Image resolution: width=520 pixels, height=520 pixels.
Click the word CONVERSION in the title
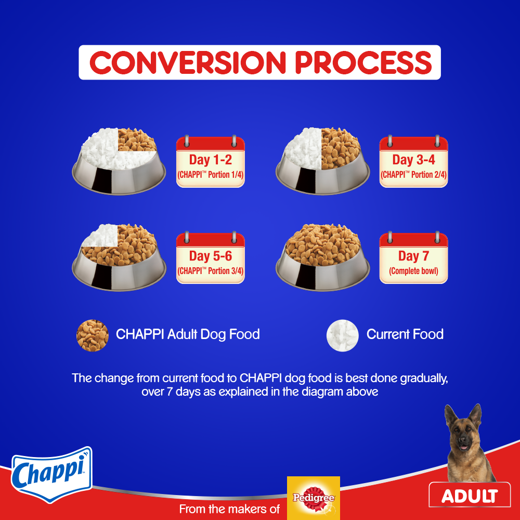pos(188,62)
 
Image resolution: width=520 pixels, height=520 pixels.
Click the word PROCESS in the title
pos(363,62)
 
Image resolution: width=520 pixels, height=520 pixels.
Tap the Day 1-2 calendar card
pos(210,162)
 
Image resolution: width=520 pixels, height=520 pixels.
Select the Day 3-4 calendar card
pos(413,162)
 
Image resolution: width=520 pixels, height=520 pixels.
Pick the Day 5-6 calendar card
pos(210,258)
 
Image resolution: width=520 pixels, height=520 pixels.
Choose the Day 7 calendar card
pos(413,258)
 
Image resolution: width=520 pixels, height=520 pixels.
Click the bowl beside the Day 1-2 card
pos(119,161)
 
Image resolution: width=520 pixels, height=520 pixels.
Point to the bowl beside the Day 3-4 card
pos(322,161)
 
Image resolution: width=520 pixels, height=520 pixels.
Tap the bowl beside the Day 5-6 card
pos(119,257)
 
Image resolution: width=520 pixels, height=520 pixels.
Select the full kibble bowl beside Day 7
pos(322,257)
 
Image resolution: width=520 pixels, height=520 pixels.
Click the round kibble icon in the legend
pos(93,335)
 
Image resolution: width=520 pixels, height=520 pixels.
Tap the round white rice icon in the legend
pos(343,335)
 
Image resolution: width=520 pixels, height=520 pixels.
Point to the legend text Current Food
pos(405,334)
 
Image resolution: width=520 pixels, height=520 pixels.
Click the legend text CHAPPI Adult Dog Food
pos(188,334)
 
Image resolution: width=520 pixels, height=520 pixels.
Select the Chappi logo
pos(51,474)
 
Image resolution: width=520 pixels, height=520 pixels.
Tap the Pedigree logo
pos(314,498)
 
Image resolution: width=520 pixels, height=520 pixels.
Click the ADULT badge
pos(470,495)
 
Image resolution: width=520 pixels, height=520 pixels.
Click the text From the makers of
pos(229,509)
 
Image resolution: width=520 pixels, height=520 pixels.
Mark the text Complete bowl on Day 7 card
pos(413,271)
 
